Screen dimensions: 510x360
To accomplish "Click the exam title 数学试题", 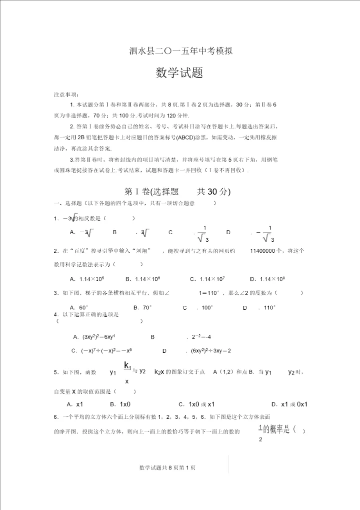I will (x=179, y=73).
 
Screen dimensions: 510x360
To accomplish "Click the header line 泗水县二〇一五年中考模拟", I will (x=180, y=51).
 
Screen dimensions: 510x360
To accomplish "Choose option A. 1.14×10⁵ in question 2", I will (x=87, y=279).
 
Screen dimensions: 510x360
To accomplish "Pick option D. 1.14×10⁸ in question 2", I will (x=267, y=279).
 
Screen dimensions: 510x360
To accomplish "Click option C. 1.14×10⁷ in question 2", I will (x=207, y=279).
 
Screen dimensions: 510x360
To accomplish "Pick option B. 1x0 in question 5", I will (x=120, y=404).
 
